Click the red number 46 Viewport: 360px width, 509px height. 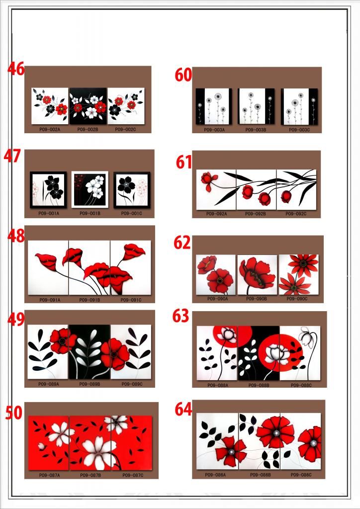tap(16, 69)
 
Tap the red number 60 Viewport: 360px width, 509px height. tap(183, 75)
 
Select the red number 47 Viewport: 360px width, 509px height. tap(12, 156)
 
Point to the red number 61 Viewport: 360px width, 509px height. tap(184, 162)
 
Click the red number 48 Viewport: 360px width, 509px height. tap(16, 236)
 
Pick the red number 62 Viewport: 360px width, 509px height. tap(182, 243)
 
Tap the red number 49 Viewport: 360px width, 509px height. tap(16, 320)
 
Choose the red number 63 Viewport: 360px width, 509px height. tap(181, 316)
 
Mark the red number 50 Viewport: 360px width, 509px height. tap(13, 413)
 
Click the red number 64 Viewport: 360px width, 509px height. tap(183, 410)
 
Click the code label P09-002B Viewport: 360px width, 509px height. tap(88, 129)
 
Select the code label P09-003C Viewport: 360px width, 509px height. tap(299, 130)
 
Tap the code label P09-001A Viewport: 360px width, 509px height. tap(49, 213)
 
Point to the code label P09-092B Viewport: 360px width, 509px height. tap(256, 214)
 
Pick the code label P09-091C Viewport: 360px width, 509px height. tap(131, 300)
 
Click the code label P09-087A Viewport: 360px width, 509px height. tap(49, 475)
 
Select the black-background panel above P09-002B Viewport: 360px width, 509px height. tap(88, 106)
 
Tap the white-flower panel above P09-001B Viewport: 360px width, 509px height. tap(90, 189)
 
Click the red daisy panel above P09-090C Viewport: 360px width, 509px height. tap(299, 274)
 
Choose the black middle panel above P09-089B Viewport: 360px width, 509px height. tap(90, 352)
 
